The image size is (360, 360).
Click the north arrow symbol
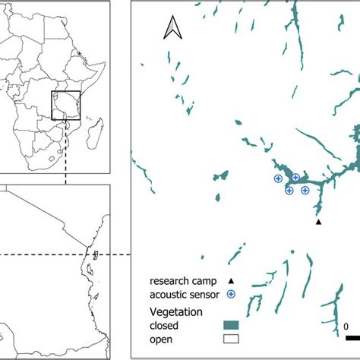click(x=172, y=30)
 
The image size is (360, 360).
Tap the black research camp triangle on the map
click(x=319, y=222)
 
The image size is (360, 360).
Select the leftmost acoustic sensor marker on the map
click(x=278, y=178)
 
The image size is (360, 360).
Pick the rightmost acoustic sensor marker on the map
click(x=305, y=190)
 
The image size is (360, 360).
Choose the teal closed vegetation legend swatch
click(x=231, y=325)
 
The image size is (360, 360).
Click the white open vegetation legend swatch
click(x=231, y=339)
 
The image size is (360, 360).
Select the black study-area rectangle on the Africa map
click(x=66, y=106)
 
